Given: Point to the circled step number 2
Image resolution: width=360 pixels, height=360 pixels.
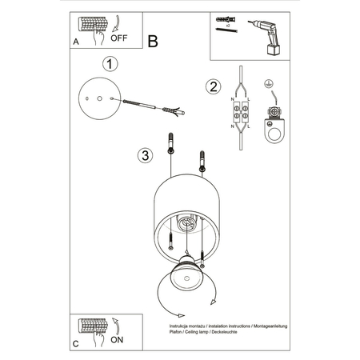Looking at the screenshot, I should (x=213, y=86).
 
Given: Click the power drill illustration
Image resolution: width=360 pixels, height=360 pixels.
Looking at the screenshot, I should (x=267, y=34).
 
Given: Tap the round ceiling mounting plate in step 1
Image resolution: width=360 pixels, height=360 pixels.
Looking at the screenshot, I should (x=98, y=100).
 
